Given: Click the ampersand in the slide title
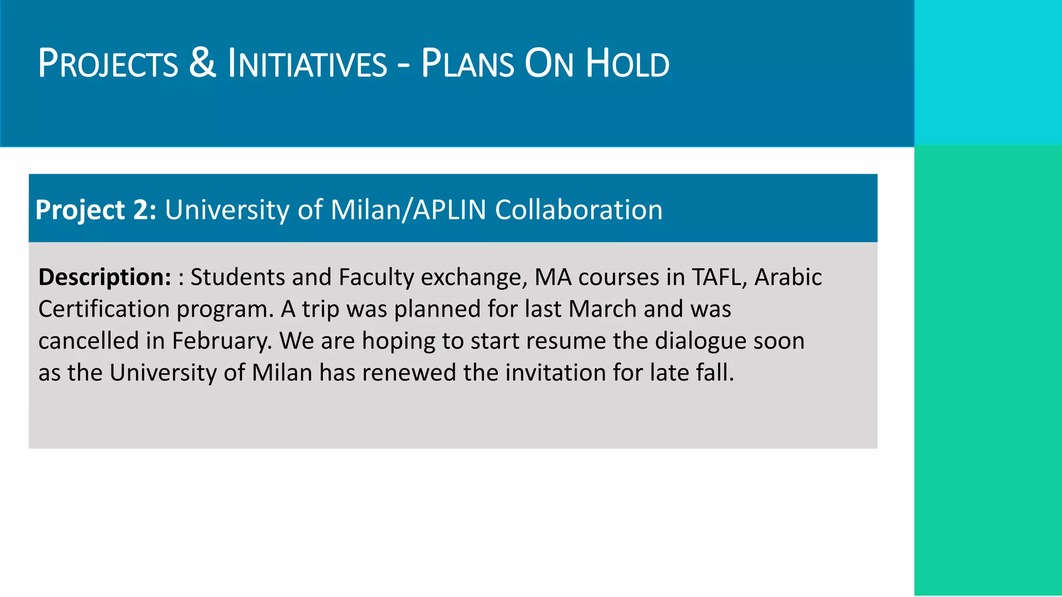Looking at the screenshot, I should point(202,63).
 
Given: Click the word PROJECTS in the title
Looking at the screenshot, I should point(108,64).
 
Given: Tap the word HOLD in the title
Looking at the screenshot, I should point(627,64).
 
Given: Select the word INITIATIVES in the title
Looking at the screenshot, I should point(308,64).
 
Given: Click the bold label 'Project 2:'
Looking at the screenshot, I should point(96,210).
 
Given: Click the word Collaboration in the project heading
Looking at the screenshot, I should point(579,210).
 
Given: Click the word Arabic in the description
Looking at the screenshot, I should point(788,277).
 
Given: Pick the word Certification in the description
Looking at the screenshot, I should point(104,309).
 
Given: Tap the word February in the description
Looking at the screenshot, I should point(222,342).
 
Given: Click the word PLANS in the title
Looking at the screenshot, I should point(467,64).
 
